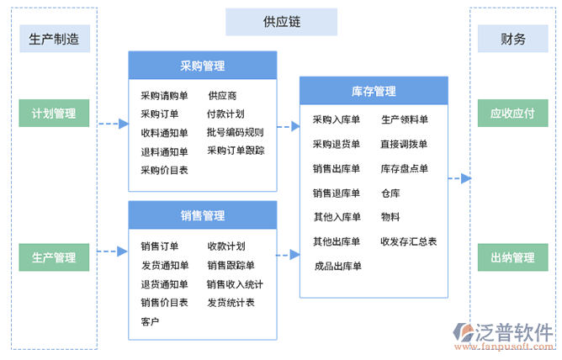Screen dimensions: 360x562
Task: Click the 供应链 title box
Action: pos(281,22)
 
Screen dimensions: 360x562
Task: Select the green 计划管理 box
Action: pos(54,114)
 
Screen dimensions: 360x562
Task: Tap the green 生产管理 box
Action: pos(54,257)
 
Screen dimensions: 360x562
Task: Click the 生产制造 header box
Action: pos(54,39)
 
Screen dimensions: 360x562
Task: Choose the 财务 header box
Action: pos(513,39)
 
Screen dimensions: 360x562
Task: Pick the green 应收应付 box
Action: pos(513,114)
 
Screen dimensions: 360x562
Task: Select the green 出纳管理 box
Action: pos(513,257)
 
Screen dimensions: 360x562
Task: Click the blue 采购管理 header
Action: pos(202,66)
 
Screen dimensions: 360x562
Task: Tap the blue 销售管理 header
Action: pos(202,215)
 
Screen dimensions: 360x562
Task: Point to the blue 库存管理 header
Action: pos(374,91)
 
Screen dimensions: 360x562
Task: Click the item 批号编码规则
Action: pos(236,133)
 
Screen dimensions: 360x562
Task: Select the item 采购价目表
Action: pos(164,170)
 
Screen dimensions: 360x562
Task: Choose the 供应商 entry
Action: pos(222,96)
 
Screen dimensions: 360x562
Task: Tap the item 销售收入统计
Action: pos(236,284)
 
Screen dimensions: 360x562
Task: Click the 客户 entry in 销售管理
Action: pos(150,321)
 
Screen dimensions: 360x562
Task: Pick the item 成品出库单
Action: pos(337,267)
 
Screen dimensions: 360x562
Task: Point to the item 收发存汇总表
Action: pos(409,241)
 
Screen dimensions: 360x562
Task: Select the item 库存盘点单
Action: pos(405,168)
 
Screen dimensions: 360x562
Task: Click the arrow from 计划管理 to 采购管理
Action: pos(113,124)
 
